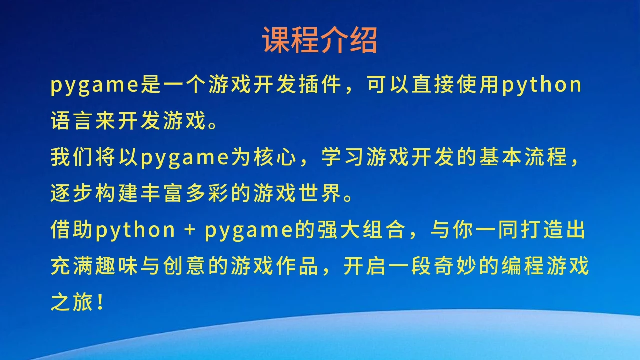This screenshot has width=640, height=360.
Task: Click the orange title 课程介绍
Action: (320, 40)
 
